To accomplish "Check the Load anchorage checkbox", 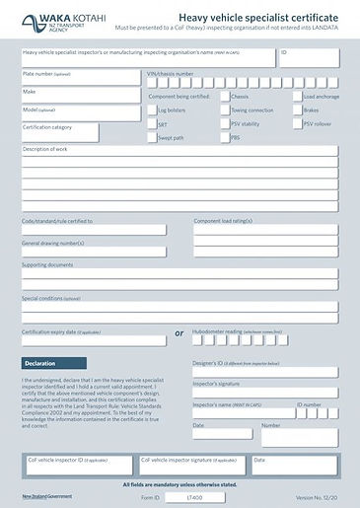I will [296, 97].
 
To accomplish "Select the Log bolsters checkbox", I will [152, 110].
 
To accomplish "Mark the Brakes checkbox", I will [296, 110].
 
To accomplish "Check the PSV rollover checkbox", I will [296, 124].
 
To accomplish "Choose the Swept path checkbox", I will [152, 139].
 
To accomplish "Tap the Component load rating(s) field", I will [265, 230].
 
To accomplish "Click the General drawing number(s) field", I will [94, 252].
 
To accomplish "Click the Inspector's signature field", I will [264, 393].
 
